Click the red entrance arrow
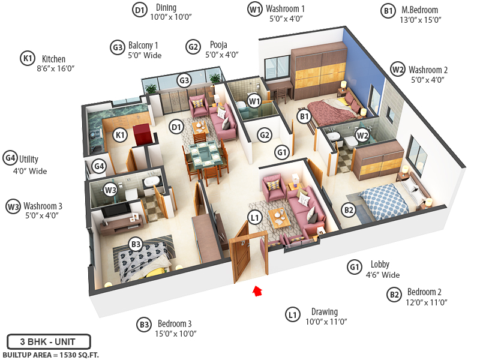[257, 291]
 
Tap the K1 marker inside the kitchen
[121, 135]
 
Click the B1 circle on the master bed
[304, 116]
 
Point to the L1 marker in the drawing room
[255, 217]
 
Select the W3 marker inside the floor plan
[110, 190]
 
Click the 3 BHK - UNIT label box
[48, 342]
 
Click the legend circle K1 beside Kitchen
[27, 59]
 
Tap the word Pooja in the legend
[218, 44]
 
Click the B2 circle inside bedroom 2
[348, 209]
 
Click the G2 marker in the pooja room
[265, 135]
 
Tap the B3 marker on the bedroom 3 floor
[136, 244]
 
